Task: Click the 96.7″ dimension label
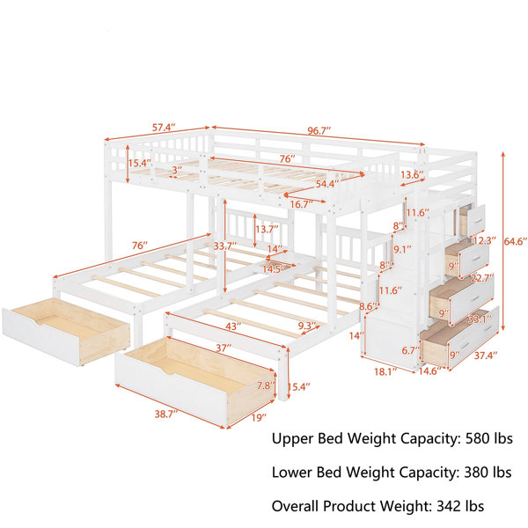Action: [319, 130]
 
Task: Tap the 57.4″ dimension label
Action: [165, 128]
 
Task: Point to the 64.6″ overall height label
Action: [516, 241]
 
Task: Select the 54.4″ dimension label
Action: [327, 184]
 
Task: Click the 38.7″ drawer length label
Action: [166, 414]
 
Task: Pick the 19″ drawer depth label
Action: [259, 418]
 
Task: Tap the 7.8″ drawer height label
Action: [266, 385]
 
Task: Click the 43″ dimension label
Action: [234, 326]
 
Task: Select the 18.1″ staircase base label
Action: [386, 371]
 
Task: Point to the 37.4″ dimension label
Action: [486, 355]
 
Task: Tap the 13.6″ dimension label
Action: [412, 175]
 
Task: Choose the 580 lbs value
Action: [489, 438]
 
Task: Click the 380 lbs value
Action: [488, 472]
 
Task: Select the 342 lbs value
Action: [460, 506]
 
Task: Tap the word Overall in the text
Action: [296, 506]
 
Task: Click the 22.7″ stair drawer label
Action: [483, 277]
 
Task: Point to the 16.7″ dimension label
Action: [302, 203]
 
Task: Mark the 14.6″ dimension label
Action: [429, 370]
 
